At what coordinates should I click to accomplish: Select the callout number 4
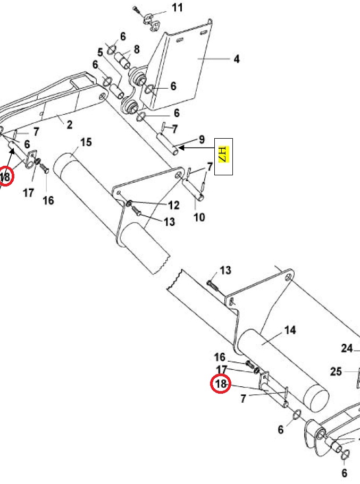(x=236, y=59)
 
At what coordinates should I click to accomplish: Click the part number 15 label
(x=86, y=142)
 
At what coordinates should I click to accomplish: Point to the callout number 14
(x=290, y=330)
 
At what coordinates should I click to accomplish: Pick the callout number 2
(x=69, y=124)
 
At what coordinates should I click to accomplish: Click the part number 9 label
(x=202, y=140)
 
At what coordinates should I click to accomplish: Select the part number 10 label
(x=199, y=217)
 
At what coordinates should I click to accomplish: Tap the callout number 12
(x=174, y=205)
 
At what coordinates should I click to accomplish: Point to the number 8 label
(x=137, y=49)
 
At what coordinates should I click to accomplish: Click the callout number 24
(x=347, y=349)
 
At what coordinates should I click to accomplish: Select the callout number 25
(x=336, y=371)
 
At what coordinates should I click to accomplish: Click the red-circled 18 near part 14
(x=221, y=383)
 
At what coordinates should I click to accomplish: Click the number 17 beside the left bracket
(x=28, y=193)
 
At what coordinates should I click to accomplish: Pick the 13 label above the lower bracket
(x=225, y=271)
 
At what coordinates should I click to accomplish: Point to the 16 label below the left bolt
(x=48, y=200)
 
